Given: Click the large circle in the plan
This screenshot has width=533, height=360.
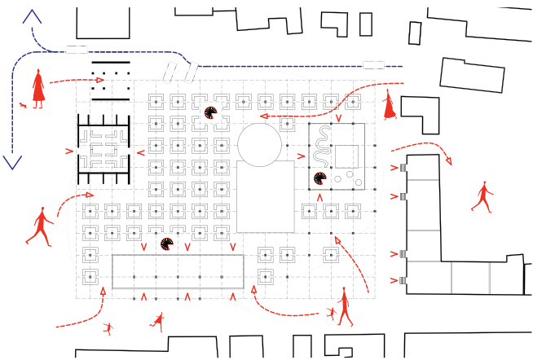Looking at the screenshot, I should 260,145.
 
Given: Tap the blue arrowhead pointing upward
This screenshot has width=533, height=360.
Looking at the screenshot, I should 32,17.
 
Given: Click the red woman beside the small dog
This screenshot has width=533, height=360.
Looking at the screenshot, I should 38,86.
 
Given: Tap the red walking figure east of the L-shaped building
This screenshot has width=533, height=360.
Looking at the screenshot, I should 484,196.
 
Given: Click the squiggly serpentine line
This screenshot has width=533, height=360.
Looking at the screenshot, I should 323,147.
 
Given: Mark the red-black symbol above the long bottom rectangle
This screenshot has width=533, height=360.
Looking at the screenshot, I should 167,244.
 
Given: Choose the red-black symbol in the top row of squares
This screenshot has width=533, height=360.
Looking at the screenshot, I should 210,114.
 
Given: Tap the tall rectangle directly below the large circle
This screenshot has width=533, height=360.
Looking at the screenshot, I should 265,196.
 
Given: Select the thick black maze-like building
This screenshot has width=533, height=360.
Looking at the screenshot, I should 103,149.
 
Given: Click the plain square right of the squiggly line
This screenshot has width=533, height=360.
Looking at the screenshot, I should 346,156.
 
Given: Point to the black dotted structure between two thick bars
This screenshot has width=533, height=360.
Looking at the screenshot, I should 111,81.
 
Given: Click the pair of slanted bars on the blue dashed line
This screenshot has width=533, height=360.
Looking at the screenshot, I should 181,72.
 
